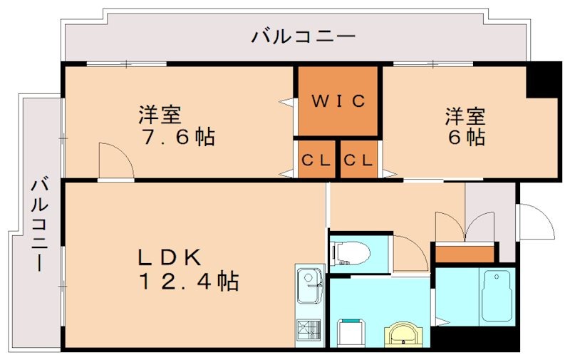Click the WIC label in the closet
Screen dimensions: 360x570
tap(337, 101)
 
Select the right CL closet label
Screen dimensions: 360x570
tap(358, 160)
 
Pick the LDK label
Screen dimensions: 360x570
tap(171, 257)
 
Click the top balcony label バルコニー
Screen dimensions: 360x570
tap(302, 36)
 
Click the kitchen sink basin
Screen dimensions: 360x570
tap(309, 280)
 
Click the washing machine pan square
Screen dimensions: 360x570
tap(351, 332)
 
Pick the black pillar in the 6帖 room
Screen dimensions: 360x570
tap(543, 81)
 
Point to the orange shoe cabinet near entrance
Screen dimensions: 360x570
tap(464, 253)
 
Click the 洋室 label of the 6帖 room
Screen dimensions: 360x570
tap(466, 114)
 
